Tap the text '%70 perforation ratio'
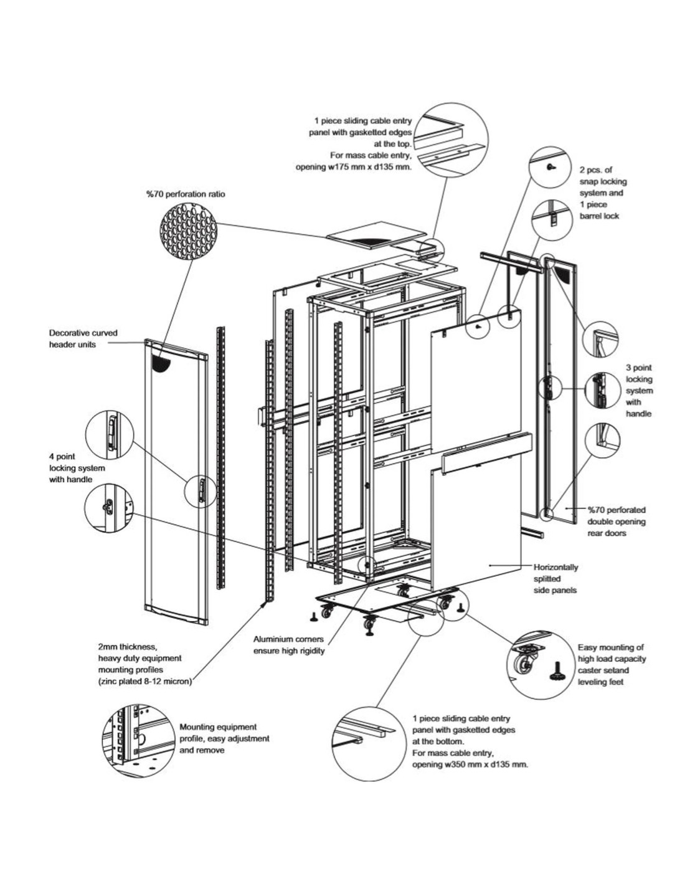(x=186, y=194)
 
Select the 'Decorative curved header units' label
(x=83, y=338)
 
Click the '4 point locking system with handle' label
(x=77, y=468)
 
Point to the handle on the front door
(x=201, y=490)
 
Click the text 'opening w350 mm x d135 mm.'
(x=470, y=764)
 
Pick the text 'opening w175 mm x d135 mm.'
(x=353, y=167)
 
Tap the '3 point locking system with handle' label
(x=640, y=391)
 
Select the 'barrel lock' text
(x=599, y=216)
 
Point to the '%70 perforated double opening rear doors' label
(x=616, y=521)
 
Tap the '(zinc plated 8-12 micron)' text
(x=145, y=681)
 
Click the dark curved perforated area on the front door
(x=162, y=361)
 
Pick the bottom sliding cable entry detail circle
(x=370, y=744)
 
